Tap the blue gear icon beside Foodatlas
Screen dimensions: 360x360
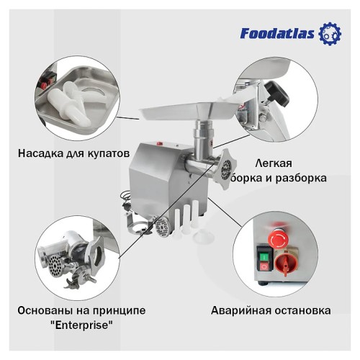(329, 32)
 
